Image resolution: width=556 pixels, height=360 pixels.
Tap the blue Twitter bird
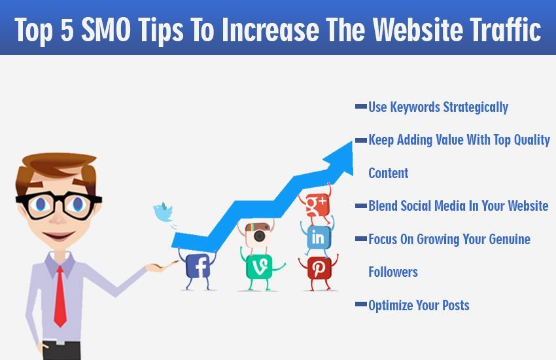coord(163,212)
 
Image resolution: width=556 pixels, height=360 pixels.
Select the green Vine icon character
coord(258,268)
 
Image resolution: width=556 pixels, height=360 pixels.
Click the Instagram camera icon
coord(258,234)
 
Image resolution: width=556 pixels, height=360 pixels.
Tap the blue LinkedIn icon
coord(319,237)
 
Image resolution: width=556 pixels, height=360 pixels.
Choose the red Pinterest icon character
coord(319,268)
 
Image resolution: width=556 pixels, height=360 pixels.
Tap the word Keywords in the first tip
coord(415,107)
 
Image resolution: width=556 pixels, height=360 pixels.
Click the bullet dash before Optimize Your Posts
coord(360,304)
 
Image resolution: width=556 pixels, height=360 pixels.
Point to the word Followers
coord(392,272)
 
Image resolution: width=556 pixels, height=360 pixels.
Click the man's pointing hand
coord(160,266)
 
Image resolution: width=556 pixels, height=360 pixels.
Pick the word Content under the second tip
coord(388,173)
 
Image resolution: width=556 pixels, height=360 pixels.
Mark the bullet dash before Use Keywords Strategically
coord(360,106)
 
